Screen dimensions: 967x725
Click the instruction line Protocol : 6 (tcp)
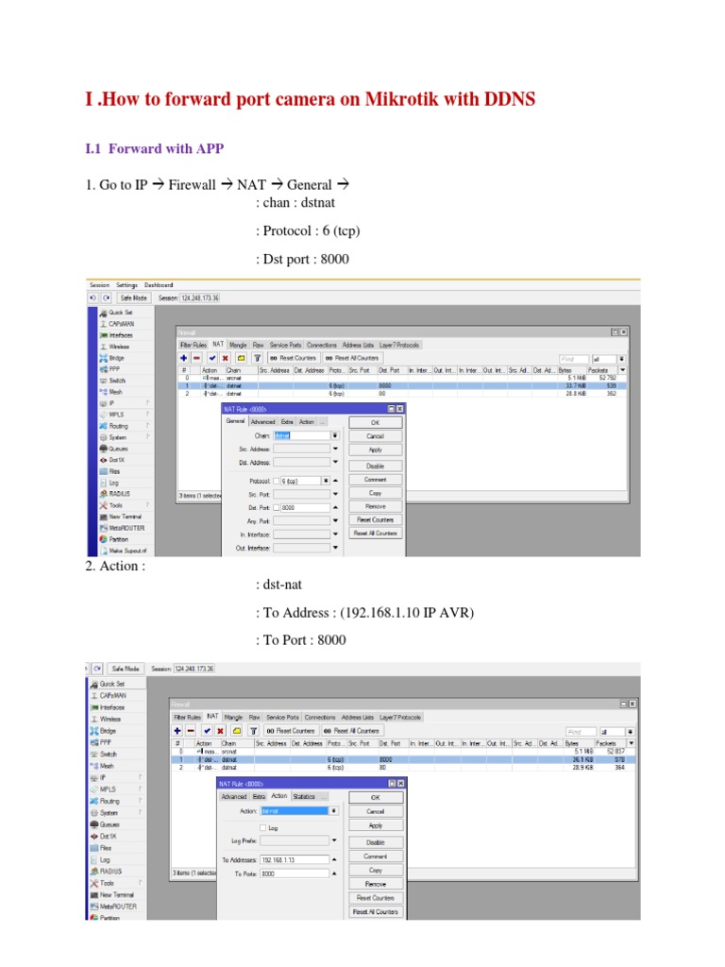tap(308, 230)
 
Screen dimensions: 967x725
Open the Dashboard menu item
tap(159, 285)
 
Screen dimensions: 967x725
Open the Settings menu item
tap(126, 285)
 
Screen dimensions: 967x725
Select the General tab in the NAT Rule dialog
tap(235, 421)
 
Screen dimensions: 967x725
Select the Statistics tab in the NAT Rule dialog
tap(305, 796)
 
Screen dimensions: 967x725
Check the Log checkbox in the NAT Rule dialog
tap(262, 827)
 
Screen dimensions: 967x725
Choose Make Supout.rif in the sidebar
tap(126, 550)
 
